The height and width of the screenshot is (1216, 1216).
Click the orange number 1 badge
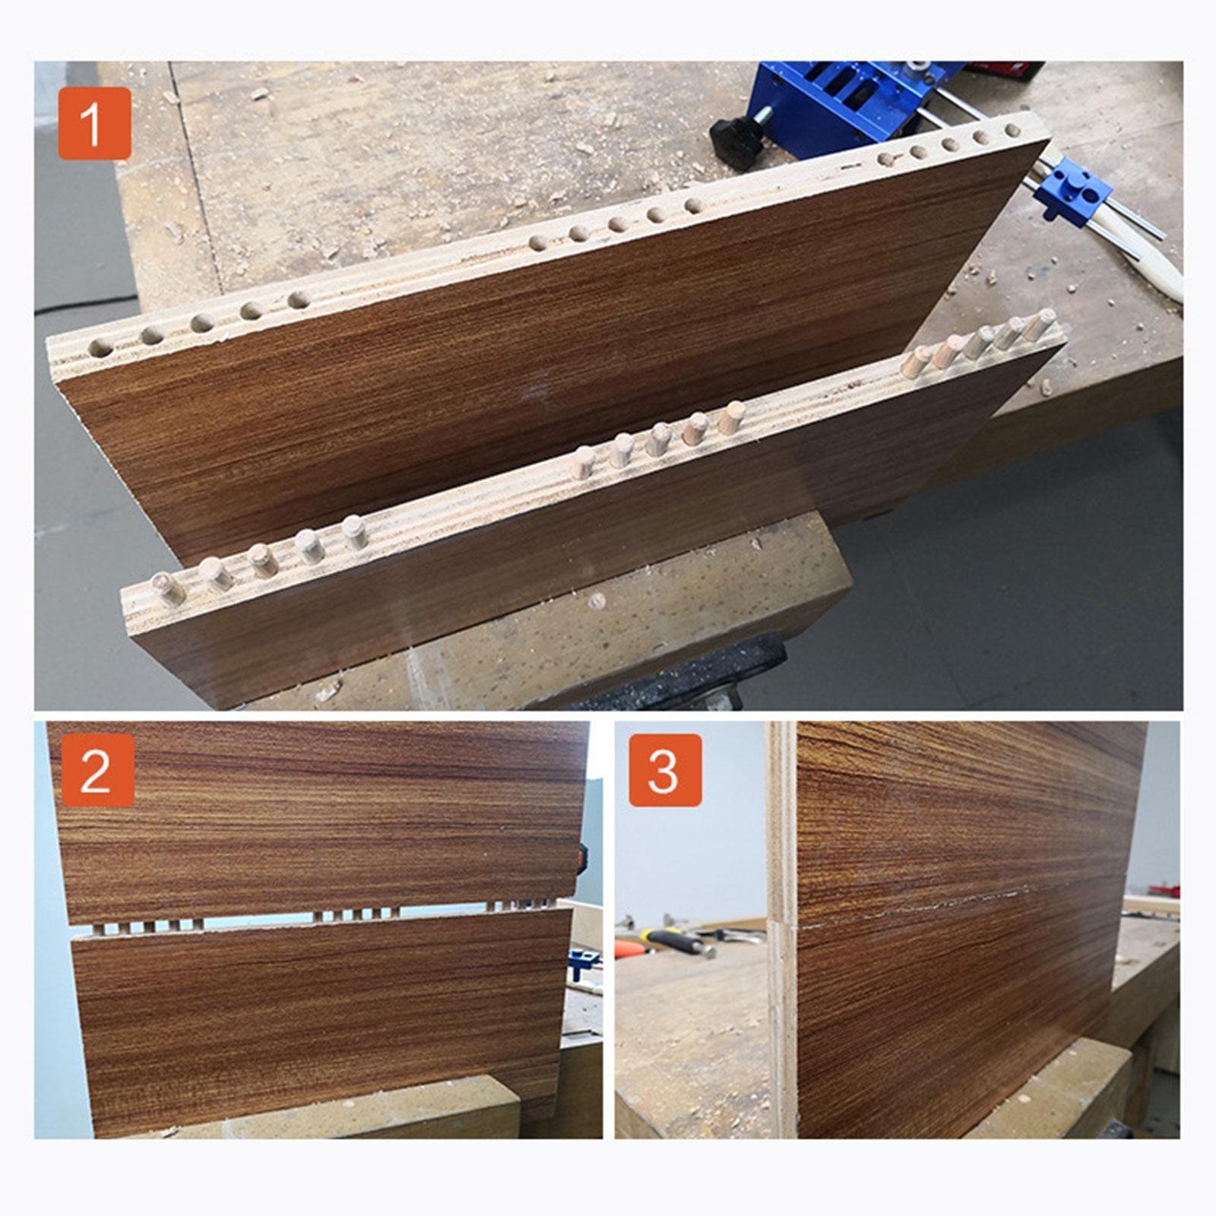click(x=94, y=123)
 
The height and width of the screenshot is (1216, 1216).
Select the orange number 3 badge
click(x=664, y=770)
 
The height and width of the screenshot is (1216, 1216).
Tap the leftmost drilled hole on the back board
click(x=100, y=350)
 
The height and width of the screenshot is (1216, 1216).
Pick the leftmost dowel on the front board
click(x=167, y=588)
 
